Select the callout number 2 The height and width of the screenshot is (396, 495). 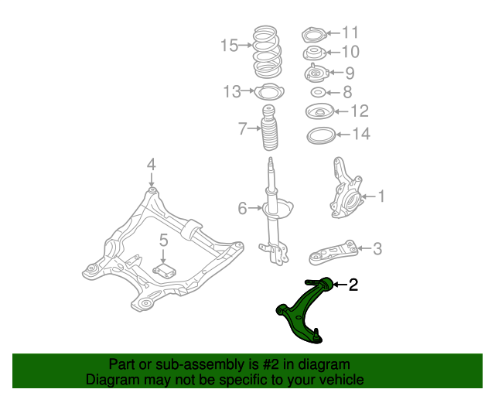click(353, 285)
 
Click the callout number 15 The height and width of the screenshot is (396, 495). click(229, 46)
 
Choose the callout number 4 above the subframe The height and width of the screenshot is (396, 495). click(152, 164)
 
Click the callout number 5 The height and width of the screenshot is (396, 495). click(164, 241)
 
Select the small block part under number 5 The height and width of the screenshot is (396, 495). click(165, 269)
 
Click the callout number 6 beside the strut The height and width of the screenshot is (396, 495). click(242, 208)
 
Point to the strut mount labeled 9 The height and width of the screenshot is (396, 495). click(316, 73)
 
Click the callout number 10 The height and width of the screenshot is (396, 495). click(350, 52)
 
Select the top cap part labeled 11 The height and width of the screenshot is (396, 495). click(313, 35)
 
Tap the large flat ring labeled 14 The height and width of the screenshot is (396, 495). click(319, 136)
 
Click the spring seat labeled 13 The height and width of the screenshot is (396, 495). click(268, 93)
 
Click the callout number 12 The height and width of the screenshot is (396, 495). click(359, 111)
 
